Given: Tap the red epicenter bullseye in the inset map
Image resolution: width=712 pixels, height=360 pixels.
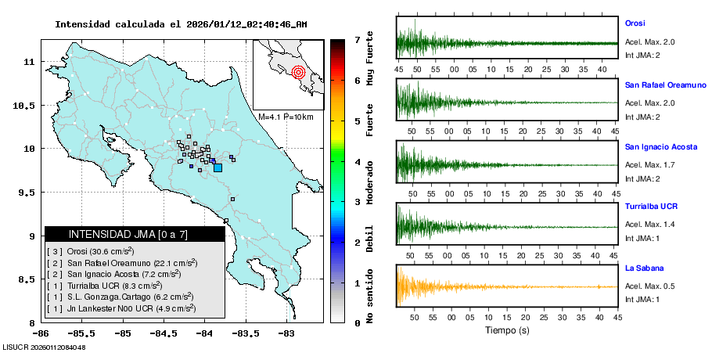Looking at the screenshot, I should click(298, 73).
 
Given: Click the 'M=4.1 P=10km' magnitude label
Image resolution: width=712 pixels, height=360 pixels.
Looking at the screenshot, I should click(286, 117).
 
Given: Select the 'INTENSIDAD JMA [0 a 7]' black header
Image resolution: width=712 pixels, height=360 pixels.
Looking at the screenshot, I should click(135, 234).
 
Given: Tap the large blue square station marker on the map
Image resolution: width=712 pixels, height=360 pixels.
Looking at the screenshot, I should click(218, 167).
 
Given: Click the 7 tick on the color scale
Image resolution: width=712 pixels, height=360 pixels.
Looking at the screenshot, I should click(357, 39).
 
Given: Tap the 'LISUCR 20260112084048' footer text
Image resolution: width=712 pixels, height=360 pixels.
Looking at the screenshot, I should click(44, 347).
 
